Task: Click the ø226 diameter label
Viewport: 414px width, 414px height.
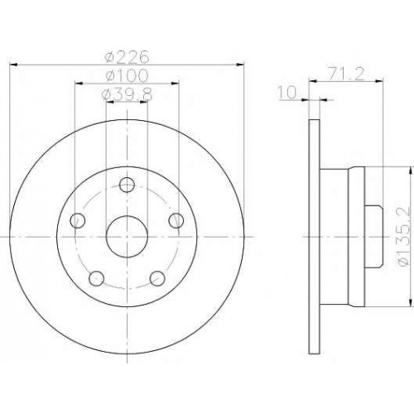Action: pyautogui.click(x=128, y=57)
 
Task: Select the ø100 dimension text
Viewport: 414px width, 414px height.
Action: pyautogui.click(x=128, y=75)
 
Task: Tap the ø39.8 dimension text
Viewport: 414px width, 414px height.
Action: pyautogui.click(x=128, y=94)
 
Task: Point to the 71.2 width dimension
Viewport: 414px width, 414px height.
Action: pyautogui.click(x=346, y=74)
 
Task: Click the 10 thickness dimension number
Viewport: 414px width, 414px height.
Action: pyautogui.click(x=287, y=92)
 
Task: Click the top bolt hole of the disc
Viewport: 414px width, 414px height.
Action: pyautogui.click(x=127, y=185)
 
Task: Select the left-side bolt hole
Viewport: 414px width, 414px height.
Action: pyautogui.click(x=78, y=220)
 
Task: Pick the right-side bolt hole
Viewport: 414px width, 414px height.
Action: pyautogui.click(x=176, y=220)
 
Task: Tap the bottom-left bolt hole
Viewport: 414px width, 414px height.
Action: pyautogui.click(x=97, y=278)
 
